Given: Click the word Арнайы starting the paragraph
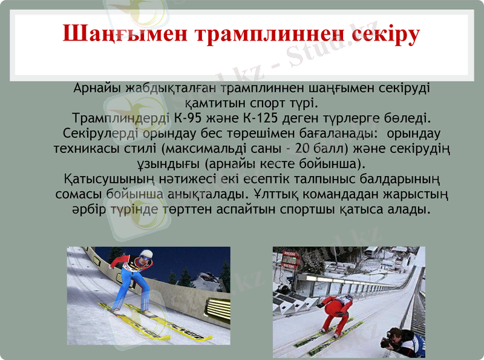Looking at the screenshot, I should click(96, 87).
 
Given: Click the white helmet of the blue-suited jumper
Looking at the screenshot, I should click(145, 254).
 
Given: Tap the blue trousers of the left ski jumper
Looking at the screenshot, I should click(131, 287).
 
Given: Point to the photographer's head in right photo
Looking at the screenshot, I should click(396, 334).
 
